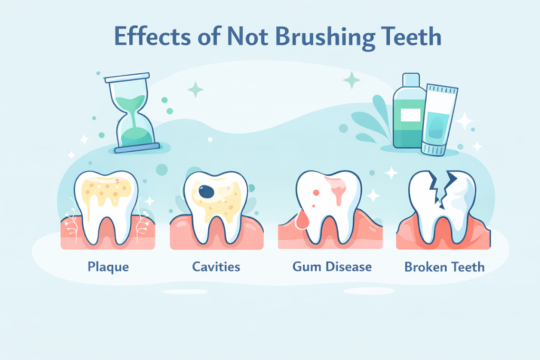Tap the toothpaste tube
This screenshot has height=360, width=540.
click(x=439, y=120)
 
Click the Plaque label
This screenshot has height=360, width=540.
click(x=107, y=266)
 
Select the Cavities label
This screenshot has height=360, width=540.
click(x=216, y=266)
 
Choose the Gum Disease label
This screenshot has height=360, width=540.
click(x=332, y=266)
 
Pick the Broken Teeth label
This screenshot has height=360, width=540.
click(x=444, y=266)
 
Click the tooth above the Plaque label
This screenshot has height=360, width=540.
click(x=107, y=203)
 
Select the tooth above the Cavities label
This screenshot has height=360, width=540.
click(x=216, y=203)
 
